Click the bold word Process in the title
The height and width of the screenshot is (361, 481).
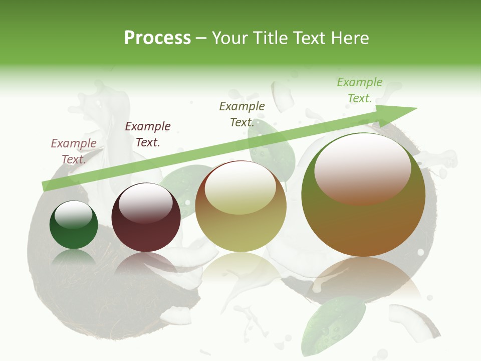click(x=157, y=38)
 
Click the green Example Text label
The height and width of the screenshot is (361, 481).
click(x=360, y=90)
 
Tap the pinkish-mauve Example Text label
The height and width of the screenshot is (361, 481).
click(x=74, y=151)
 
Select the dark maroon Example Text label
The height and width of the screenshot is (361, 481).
click(x=148, y=134)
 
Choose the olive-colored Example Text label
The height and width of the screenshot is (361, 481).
click(x=242, y=114)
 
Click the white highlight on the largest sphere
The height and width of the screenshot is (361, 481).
click(x=362, y=168)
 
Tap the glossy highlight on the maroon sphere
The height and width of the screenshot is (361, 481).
click(x=146, y=202)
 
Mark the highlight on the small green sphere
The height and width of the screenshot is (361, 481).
click(x=74, y=215)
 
